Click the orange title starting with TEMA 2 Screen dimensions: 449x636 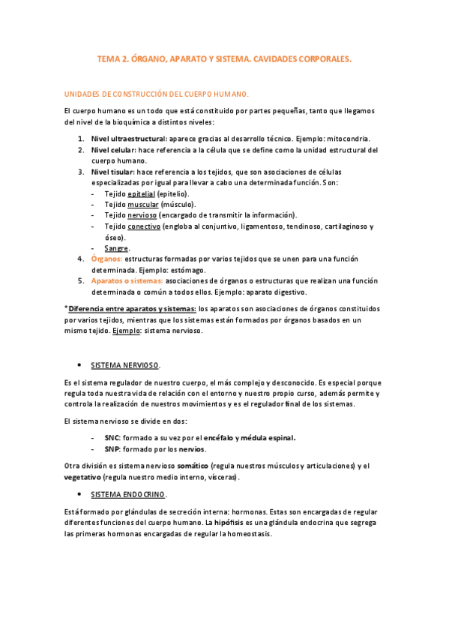(x=224, y=57)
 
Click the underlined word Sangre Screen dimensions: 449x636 (x=116, y=248)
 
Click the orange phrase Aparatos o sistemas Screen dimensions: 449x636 (x=126, y=280)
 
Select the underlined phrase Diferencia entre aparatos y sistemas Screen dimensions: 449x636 (x=133, y=308)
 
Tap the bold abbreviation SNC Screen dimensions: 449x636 (x=112, y=438)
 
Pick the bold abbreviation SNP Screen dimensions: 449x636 (x=112, y=449)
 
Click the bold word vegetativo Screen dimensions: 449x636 (x=85, y=477)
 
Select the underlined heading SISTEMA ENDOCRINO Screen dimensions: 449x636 (x=128, y=495)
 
